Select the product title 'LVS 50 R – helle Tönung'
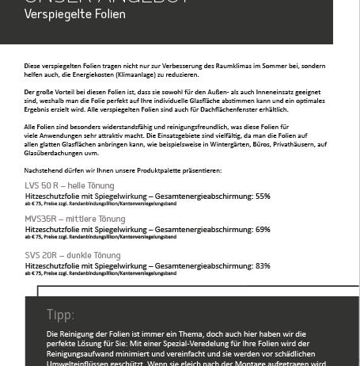70,185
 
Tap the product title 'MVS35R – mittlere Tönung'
74,219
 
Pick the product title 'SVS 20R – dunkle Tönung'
73,255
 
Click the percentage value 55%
263,196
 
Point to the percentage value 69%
263,230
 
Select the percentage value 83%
263,266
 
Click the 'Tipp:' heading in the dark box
60,315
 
